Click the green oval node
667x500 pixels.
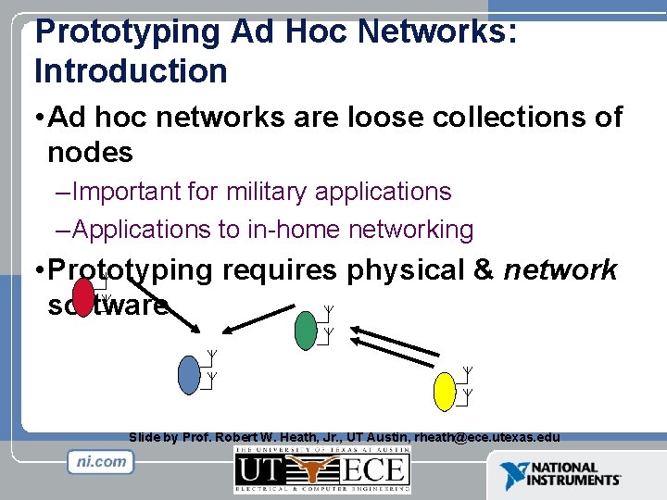pyautogui.click(x=306, y=331)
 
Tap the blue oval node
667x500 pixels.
pyautogui.click(x=189, y=373)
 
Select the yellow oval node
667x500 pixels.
pyautogui.click(x=446, y=391)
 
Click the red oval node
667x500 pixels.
pyautogui.click(x=84, y=298)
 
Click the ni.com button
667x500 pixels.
pyautogui.click(x=101, y=462)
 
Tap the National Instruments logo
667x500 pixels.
pyautogui.click(x=560, y=475)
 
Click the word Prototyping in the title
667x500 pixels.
pyautogui.click(x=126, y=31)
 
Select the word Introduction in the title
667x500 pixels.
pyautogui.click(x=131, y=70)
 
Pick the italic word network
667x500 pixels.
pyautogui.click(x=560, y=269)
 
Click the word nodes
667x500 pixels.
pyautogui.click(x=91, y=152)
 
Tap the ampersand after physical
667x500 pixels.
pyautogui.click(x=483, y=269)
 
